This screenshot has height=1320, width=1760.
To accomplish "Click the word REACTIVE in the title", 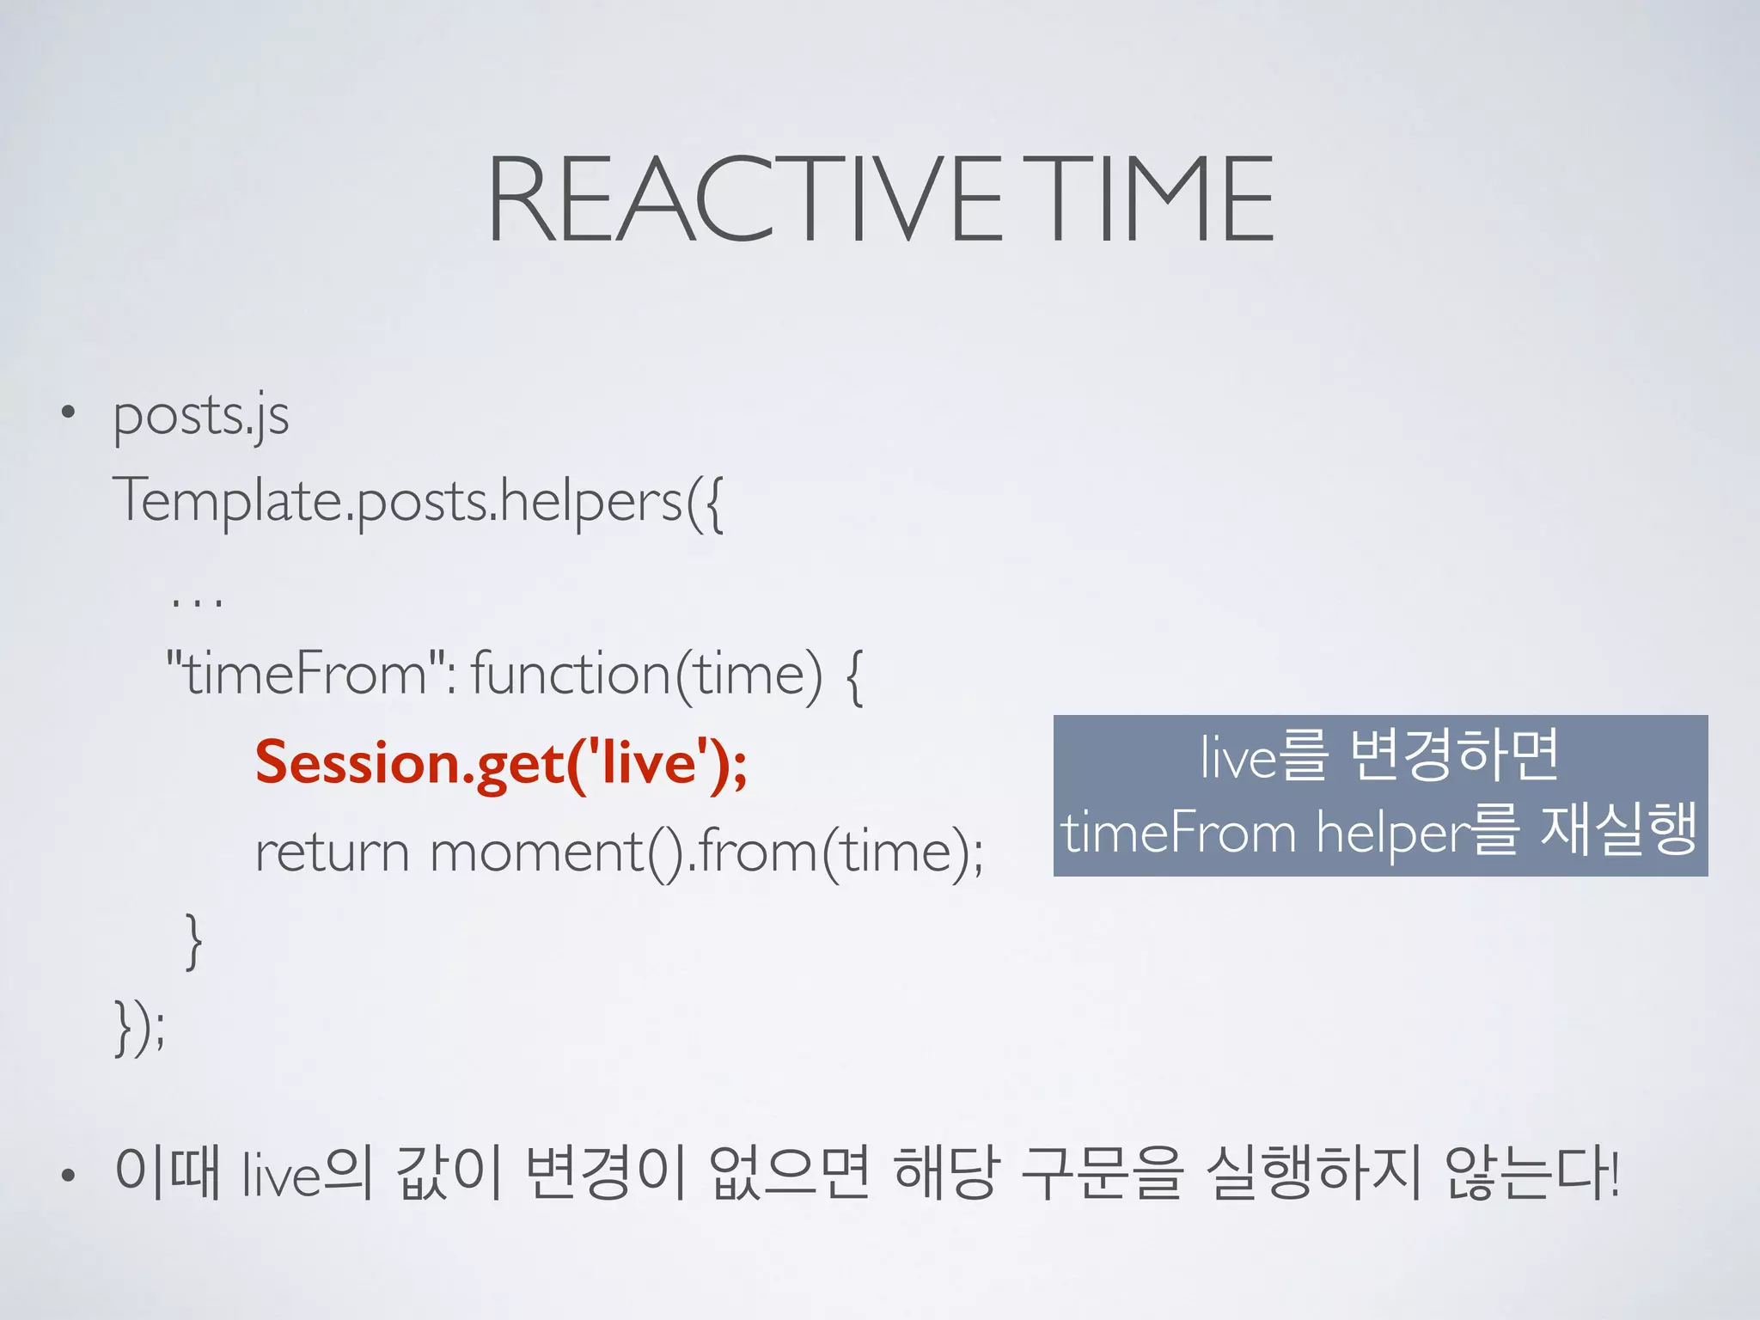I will pyautogui.click(x=744, y=199).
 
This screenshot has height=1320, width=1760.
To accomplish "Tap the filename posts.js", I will pyautogui.click(x=200, y=417).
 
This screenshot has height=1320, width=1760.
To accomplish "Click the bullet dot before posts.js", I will pyautogui.click(x=69, y=413).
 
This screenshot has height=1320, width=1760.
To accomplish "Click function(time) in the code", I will pyautogui.click(x=646, y=674).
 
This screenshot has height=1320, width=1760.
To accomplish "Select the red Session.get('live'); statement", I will pyautogui.click(x=501, y=763).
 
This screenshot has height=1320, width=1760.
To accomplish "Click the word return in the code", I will pyautogui.click(x=332, y=852).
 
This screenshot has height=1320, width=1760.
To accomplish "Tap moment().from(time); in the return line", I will pyautogui.click(x=706, y=852).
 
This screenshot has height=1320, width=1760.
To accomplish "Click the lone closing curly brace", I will pyautogui.click(x=194, y=941).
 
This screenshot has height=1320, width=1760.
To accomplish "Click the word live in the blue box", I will pyautogui.click(x=1238, y=757).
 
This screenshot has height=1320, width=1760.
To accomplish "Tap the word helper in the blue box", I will pyautogui.click(x=1393, y=833).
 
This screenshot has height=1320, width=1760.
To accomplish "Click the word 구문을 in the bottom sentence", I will pyautogui.click(x=1102, y=1172).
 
